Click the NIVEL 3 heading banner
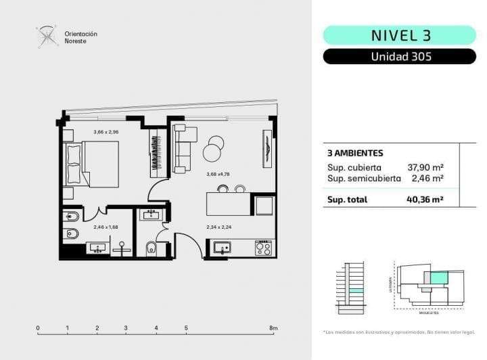click(400, 35)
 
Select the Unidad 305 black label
click(400, 57)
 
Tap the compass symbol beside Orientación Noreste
click(47, 37)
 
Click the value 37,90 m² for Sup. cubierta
click(425, 167)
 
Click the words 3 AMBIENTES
click(355, 154)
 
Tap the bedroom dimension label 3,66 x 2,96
click(106, 132)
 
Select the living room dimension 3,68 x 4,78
click(218, 174)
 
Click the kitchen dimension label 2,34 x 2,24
click(218, 228)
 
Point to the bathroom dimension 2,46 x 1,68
click(106, 227)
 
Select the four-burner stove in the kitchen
click(264, 248)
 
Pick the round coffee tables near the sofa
click(215, 146)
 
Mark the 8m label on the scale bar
click(273, 328)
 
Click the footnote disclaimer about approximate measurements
click(400, 332)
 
